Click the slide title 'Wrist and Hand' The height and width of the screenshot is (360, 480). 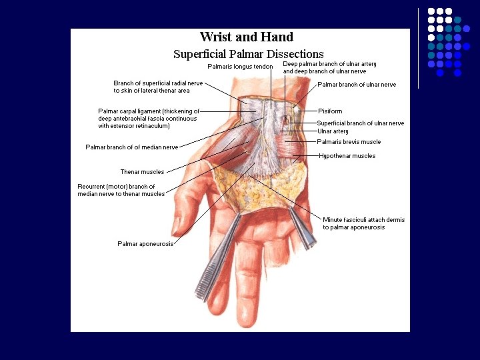click(246, 37)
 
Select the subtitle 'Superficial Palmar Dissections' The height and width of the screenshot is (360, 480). click(248, 54)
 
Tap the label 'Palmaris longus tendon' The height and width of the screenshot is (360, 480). click(240, 67)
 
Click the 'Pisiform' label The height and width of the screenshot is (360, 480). click(330, 111)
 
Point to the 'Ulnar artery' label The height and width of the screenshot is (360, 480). click(332, 131)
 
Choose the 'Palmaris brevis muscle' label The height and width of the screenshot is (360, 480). click(349, 142)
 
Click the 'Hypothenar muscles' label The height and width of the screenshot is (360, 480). click(347, 156)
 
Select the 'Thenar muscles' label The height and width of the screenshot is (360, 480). click(142, 172)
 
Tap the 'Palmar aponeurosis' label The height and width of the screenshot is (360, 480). click(145, 244)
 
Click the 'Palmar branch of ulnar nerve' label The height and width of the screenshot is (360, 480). click(357, 85)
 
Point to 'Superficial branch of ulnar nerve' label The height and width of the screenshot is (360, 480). click(360, 123)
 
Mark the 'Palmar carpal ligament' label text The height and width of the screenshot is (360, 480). click(148, 118)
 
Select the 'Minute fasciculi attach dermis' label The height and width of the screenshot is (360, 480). click(363, 223)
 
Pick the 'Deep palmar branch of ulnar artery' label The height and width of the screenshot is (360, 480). click(329, 67)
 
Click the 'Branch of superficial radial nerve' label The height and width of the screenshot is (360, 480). click(158, 87)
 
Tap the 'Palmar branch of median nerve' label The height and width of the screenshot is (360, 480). click(131, 147)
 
